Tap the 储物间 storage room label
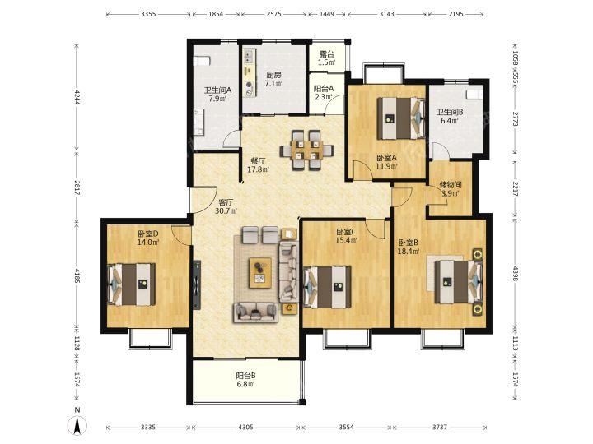(450, 185)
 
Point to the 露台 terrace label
(327, 54)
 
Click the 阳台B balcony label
(245, 376)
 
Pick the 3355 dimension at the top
(148, 14)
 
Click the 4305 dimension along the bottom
(245, 427)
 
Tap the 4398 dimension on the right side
(515, 274)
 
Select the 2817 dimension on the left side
(77, 187)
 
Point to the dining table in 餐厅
(306, 150)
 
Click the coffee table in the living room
(260, 273)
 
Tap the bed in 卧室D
(132, 284)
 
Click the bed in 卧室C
(328, 287)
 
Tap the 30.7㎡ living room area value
(226, 211)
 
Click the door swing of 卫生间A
(231, 138)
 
